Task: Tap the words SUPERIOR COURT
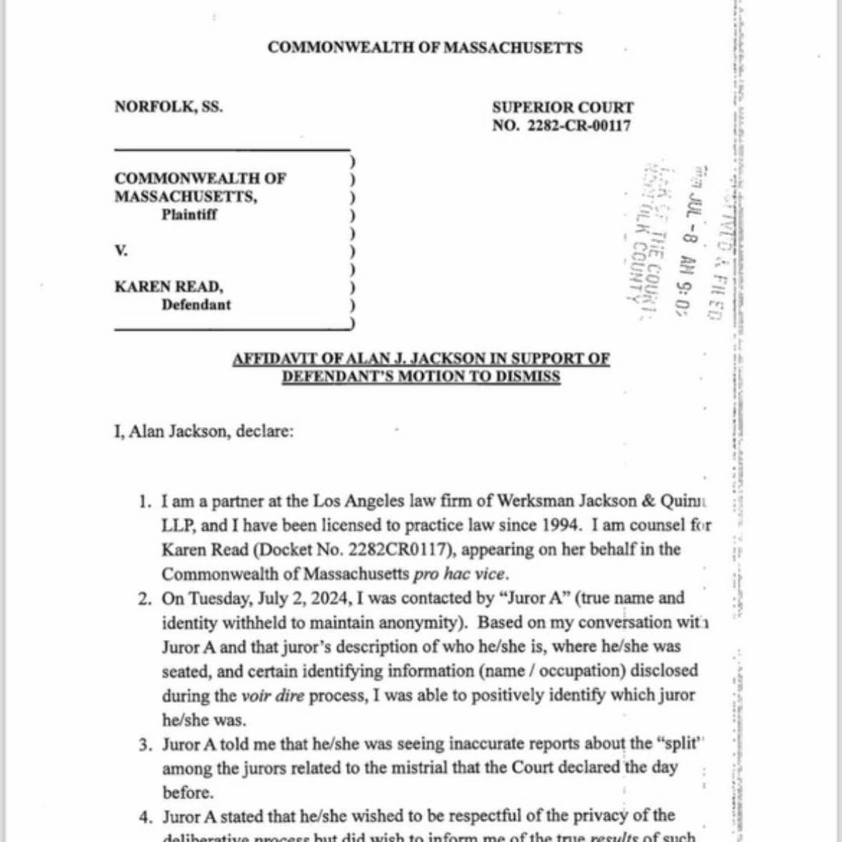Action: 562,108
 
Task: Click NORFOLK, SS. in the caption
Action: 169,107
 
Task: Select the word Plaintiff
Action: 189,214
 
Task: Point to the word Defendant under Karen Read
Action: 196,305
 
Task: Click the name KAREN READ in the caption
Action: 169,287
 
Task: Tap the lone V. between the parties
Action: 121,251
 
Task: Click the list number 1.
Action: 145,501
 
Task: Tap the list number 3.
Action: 146,745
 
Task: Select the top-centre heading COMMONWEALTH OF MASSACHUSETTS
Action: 425,48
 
